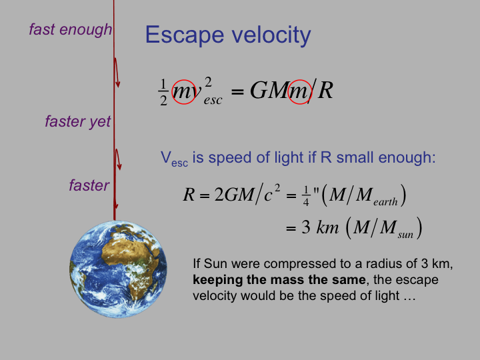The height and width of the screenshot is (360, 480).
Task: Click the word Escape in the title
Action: (185, 35)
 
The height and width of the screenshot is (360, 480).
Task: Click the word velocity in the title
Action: (271, 35)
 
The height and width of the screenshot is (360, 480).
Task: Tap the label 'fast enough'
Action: (71, 30)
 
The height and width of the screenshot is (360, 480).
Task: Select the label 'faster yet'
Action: (78, 121)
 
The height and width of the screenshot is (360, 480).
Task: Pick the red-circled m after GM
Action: (300, 92)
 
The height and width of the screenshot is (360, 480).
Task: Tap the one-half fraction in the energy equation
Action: (163, 92)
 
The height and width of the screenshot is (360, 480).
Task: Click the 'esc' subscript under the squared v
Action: (213, 100)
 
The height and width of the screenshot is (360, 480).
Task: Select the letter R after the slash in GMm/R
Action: (325, 91)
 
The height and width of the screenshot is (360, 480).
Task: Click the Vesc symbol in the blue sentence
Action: (174, 159)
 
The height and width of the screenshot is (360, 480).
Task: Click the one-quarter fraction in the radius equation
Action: (306, 196)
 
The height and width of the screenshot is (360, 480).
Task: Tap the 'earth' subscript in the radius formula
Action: (385, 202)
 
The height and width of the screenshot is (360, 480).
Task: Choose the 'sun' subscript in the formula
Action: (405, 235)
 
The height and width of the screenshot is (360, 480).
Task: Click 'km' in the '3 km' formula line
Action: (327, 227)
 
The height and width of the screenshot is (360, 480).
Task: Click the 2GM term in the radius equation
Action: (233, 195)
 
